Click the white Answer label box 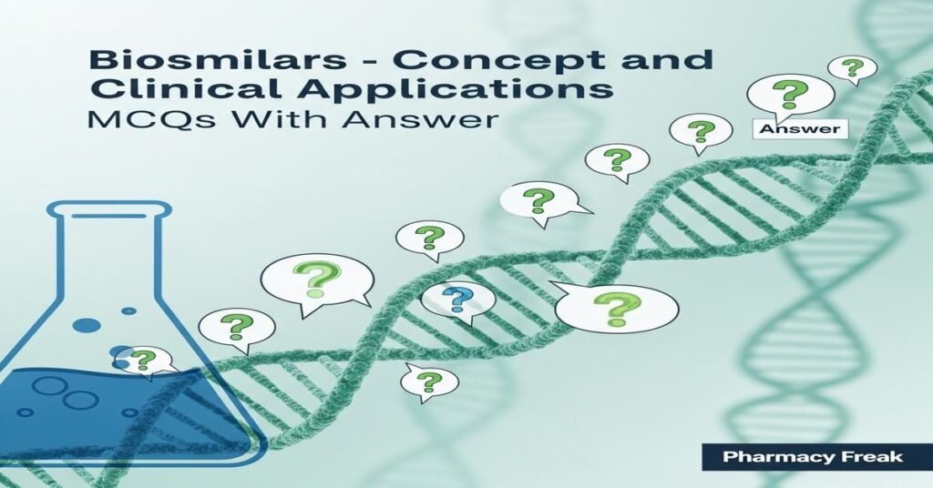point(797,128)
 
